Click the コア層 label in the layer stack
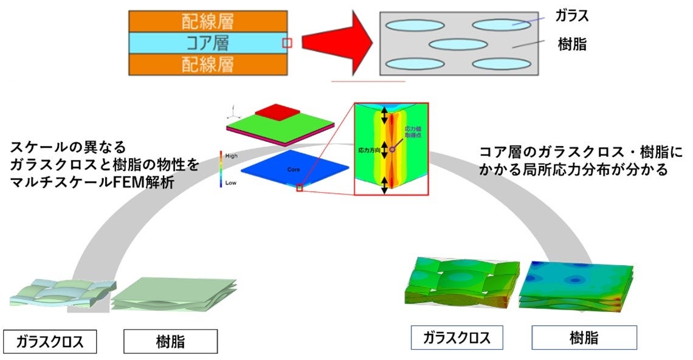pos(207,43)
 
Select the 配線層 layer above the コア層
pos(207,22)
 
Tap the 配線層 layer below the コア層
pos(207,64)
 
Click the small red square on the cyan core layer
pos(288,43)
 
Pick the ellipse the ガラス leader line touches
pos(502,25)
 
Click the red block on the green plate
pos(277,112)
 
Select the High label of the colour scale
pos(232,156)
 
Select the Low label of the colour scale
pos(231,182)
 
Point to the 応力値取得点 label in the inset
pos(414,132)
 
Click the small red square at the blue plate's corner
pos(299,189)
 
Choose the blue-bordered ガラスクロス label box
pos(457,337)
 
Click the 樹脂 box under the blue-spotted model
pos(584,337)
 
